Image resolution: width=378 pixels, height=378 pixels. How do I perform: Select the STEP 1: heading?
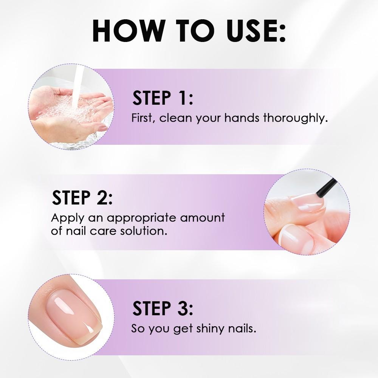163,98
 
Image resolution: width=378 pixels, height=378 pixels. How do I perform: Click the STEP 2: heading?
82,198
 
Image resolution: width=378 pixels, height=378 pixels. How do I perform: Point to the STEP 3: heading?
163,308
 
